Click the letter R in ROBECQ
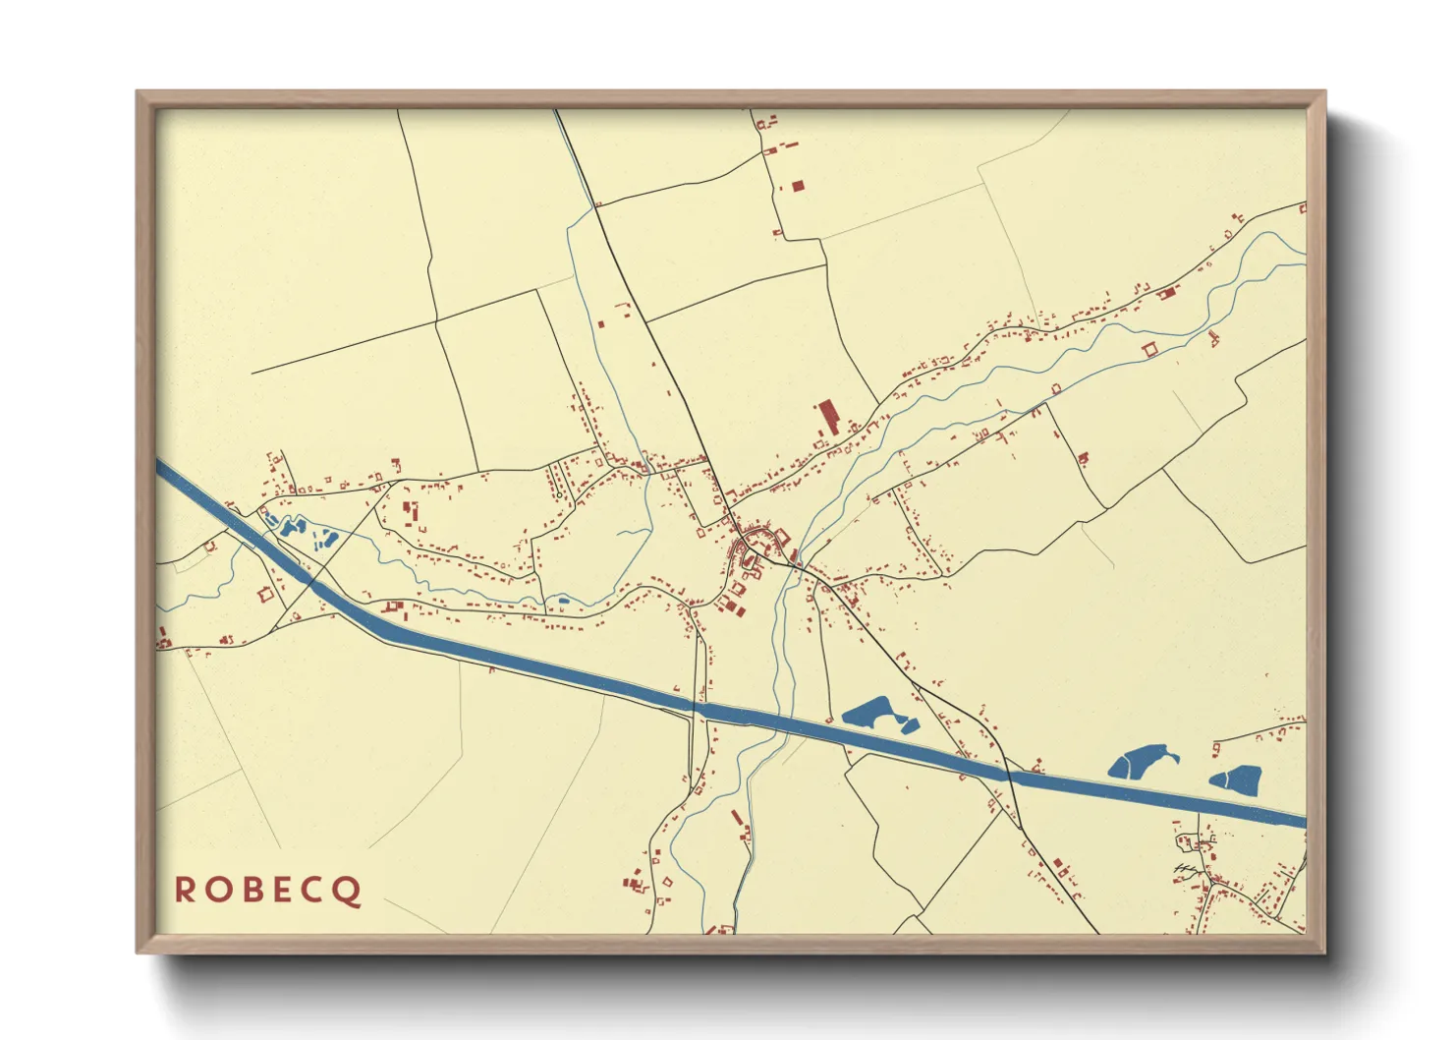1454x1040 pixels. [184, 890]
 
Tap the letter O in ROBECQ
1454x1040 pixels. [215, 890]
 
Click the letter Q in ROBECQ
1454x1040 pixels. [348, 891]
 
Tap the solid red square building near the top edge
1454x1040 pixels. [798, 185]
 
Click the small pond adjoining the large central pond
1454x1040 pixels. [910, 726]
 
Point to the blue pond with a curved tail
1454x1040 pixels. [1138, 761]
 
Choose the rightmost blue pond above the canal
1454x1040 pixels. [1238, 780]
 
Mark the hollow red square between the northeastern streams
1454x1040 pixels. [1149, 349]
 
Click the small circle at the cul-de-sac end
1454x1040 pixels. [558, 495]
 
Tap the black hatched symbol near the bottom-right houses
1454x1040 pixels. [1188, 869]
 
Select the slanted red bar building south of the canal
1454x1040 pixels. [737, 817]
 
